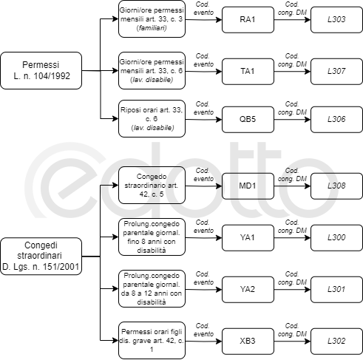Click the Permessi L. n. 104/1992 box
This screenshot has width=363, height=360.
(41, 70)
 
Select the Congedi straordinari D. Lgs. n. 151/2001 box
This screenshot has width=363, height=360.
(41, 257)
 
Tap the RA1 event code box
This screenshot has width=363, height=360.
(248, 20)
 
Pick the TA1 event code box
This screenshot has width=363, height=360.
(248, 72)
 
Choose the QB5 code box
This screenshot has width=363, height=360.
(248, 120)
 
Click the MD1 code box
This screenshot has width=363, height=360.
(248, 186)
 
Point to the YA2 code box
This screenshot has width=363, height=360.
(248, 290)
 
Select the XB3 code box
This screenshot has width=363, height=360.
(248, 342)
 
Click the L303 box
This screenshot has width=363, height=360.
(336, 20)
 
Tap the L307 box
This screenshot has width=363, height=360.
(336, 72)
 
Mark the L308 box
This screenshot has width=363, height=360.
(336, 186)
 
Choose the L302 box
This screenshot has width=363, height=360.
(336, 342)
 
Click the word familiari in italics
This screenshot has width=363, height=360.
(152, 28)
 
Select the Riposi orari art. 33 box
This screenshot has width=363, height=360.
(152, 118)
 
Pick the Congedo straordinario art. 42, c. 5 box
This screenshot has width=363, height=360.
(152, 185)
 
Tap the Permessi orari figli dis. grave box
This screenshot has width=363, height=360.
(152, 340)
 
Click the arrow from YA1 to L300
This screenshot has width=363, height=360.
(292, 238)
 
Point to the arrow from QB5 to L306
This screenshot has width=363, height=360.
(292, 120)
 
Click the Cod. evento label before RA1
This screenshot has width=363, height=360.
(203, 8)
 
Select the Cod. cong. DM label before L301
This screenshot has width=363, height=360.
(292, 278)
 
